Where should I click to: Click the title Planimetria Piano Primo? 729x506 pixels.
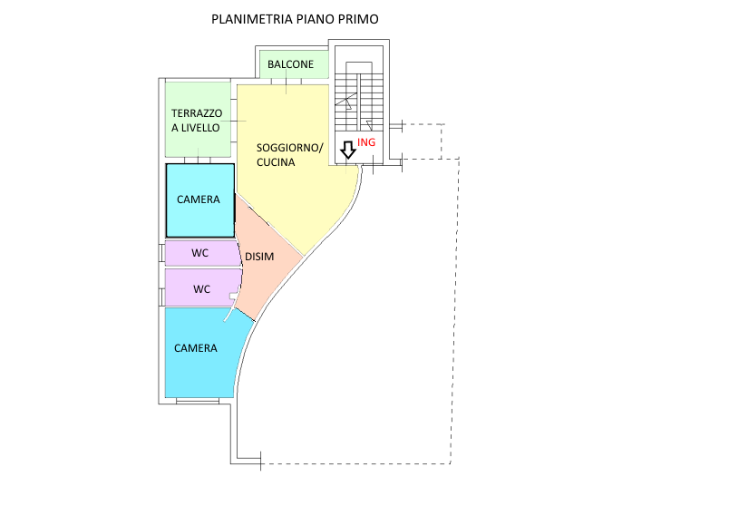point(295,19)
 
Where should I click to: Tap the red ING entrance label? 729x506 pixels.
point(366,141)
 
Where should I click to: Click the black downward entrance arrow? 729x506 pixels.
point(348,151)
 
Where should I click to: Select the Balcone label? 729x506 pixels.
point(290,64)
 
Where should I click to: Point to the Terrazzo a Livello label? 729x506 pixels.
point(197,121)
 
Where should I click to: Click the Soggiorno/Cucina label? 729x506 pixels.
point(289,155)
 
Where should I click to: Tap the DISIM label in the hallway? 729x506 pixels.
point(259,257)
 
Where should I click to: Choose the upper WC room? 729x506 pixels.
point(202,253)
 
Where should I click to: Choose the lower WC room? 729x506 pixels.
point(203,287)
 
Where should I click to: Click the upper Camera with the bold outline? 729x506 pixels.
point(199,200)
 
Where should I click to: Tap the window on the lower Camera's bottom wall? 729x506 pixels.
point(198,401)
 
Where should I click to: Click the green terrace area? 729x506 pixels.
point(198,120)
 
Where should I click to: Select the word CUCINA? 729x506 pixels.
point(276,162)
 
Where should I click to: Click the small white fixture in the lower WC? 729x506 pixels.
point(233,296)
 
